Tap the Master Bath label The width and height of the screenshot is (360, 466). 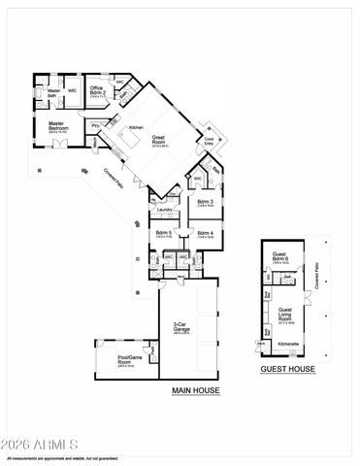click(53, 93)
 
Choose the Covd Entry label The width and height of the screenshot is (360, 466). click(208, 141)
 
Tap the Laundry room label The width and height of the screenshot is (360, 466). click(165, 210)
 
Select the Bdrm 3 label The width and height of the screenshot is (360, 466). click(206, 203)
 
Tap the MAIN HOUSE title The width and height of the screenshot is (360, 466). click(196, 390)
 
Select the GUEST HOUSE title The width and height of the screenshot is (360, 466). click(285, 370)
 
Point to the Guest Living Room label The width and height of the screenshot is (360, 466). click(285, 312)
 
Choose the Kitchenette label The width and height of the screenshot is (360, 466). click(287, 344)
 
